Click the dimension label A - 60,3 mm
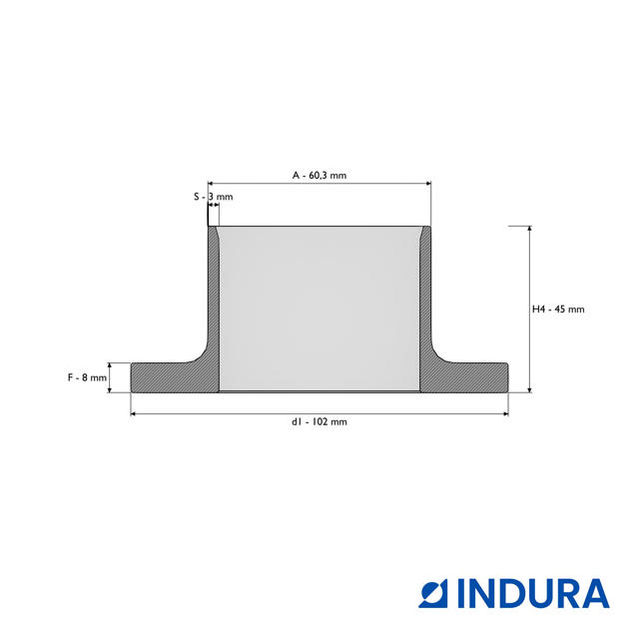point(319,176)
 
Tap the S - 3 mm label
point(213,197)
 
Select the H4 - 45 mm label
point(558,310)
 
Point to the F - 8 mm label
point(87,377)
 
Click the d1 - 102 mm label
point(319,421)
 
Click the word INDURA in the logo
point(533,594)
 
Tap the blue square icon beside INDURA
point(433,594)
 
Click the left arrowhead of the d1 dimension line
point(133,414)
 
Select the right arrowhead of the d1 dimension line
point(506,414)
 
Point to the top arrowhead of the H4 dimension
point(530,229)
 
